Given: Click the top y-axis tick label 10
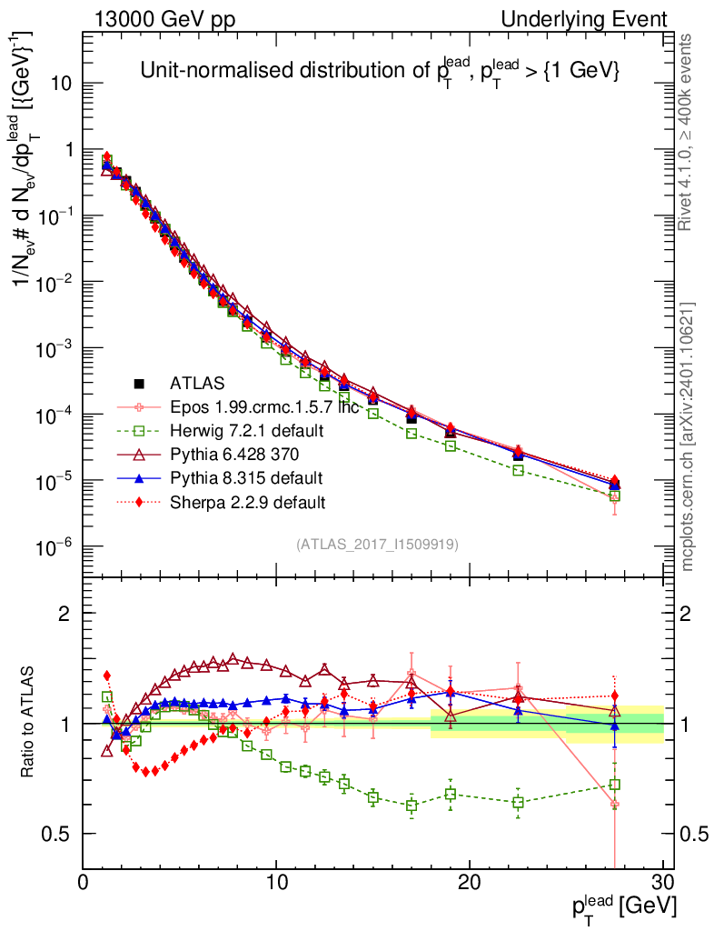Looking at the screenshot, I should (x=63, y=84).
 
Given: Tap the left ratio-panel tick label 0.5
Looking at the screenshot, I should (x=60, y=834).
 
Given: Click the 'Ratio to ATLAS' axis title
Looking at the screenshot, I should (x=27, y=724).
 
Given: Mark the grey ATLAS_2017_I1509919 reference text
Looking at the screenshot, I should (x=377, y=545).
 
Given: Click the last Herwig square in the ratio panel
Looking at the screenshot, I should (x=615, y=784).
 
